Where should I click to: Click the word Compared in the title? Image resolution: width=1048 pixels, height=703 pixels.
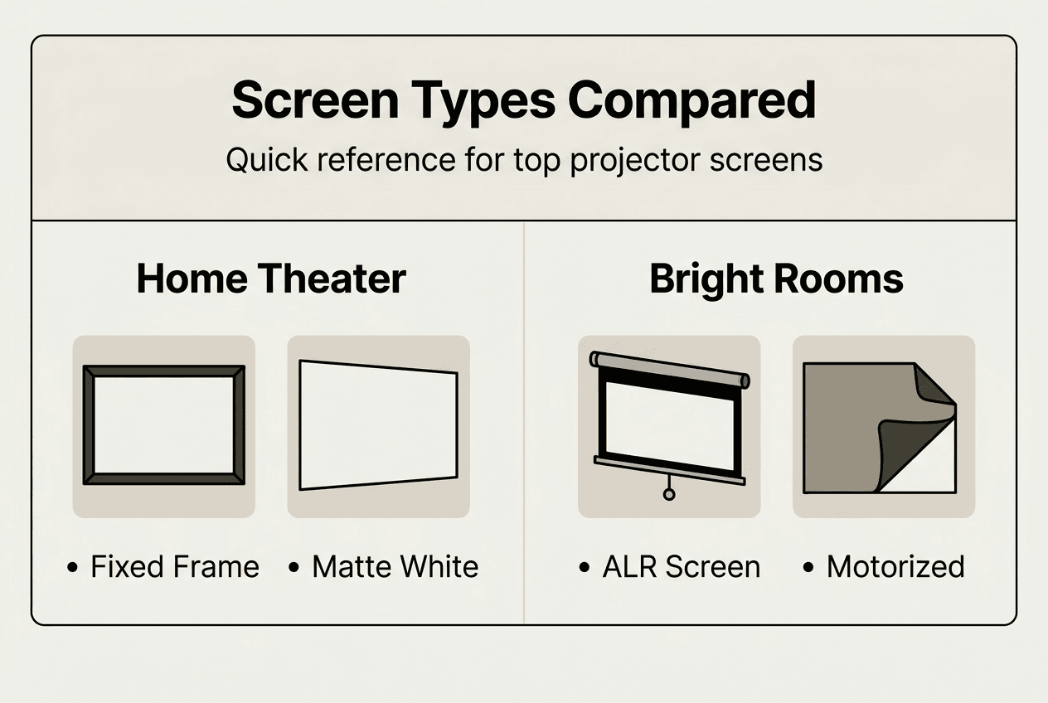pos(691,100)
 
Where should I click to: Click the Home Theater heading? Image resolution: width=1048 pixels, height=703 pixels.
pos(271,279)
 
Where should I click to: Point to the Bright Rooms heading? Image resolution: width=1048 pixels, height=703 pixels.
pos(776,279)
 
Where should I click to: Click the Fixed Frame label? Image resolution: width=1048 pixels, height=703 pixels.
pos(174,567)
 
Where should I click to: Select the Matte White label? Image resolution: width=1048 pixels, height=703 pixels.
pos(395,567)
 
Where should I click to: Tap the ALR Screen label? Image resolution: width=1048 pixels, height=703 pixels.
pos(681,567)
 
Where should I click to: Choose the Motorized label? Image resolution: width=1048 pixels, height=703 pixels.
pos(895,567)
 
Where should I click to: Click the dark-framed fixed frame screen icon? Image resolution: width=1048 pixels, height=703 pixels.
pos(164,425)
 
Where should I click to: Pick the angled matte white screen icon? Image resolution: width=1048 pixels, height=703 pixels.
pos(378,425)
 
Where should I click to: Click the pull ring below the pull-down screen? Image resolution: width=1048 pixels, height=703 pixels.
pos(668,495)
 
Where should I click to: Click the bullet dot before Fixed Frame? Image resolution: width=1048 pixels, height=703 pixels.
pos(74,568)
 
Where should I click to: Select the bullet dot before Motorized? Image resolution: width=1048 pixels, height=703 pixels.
pos(809,568)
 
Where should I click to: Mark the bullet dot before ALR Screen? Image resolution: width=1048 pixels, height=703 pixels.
pos(585,568)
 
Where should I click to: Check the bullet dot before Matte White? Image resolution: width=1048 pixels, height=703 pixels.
pos(294,568)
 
